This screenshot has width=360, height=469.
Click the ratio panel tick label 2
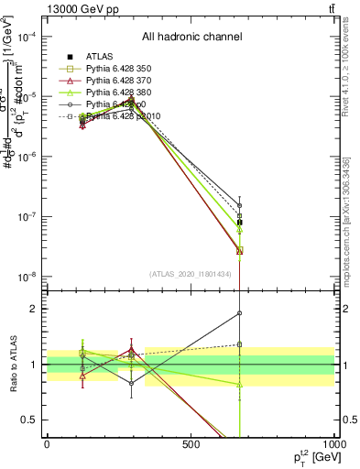click(37, 309)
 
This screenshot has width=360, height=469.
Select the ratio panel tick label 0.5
click(33, 420)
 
